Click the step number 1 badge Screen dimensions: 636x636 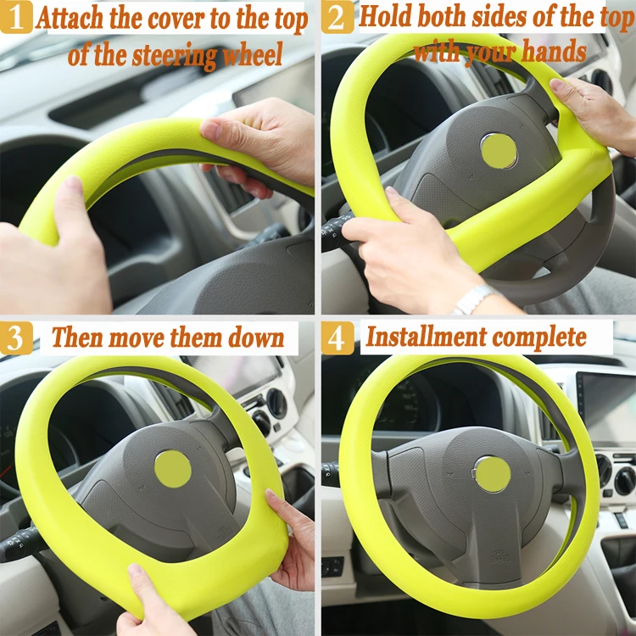pos(17,17)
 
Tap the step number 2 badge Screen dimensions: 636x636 pos(338,17)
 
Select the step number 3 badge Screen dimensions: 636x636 pos(17,338)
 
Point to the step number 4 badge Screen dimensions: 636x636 pos(338,338)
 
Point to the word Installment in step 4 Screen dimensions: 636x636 pos(421,338)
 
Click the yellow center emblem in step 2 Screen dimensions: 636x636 pos(499,150)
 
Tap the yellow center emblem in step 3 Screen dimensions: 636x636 pos(173,468)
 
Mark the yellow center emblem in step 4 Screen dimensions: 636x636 pos(492,474)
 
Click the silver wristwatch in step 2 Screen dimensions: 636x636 pos(472,298)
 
